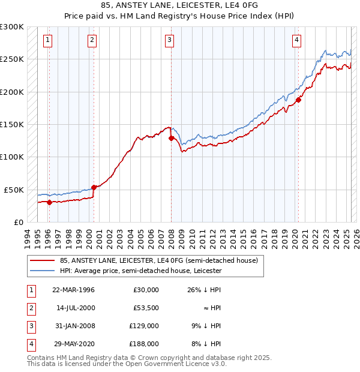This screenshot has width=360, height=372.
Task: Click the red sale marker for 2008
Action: (x=171, y=138)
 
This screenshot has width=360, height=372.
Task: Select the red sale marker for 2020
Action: (x=298, y=100)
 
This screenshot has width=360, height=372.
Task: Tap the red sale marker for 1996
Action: (x=49, y=202)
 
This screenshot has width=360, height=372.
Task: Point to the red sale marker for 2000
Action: (x=94, y=187)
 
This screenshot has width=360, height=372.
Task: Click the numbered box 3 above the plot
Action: (x=170, y=40)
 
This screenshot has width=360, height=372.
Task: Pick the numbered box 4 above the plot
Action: (x=297, y=40)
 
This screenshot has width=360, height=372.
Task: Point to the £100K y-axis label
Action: (x=11, y=157)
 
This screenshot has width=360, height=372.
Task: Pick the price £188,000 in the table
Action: (x=144, y=344)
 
